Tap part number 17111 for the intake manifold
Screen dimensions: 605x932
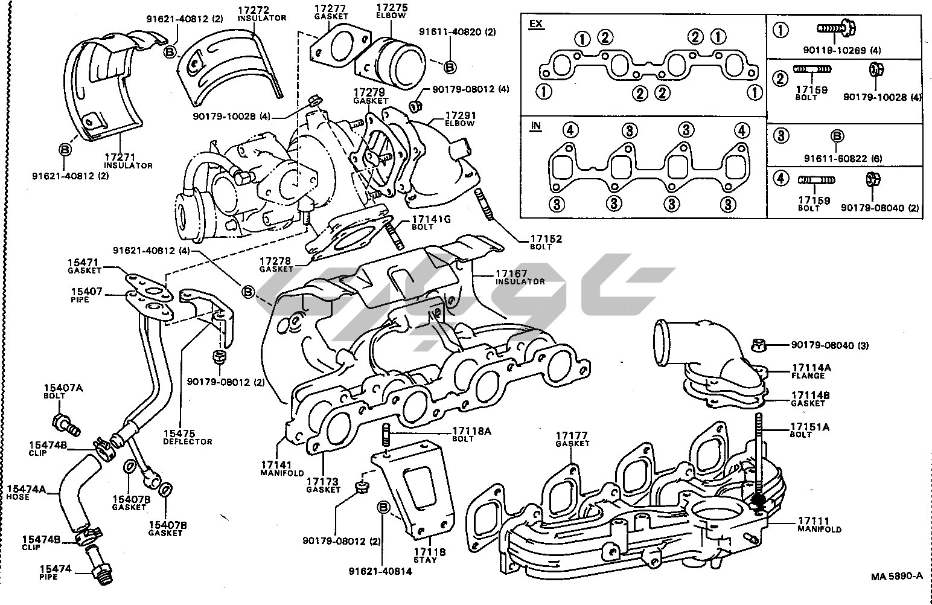click(813, 521)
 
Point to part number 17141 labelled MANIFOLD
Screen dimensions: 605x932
click(276, 465)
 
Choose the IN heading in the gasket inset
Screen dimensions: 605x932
click(535, 126)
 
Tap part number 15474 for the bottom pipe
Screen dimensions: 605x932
click(56, 569)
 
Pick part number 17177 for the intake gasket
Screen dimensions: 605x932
click(572, 435)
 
